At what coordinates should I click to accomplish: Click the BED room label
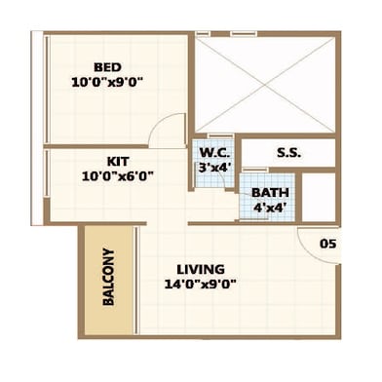pos(107,67)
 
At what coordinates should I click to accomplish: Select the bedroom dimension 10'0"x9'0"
pos(107,82)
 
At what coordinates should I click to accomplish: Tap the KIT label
pos(118,161)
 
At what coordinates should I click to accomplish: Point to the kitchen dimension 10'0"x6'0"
pos(118,176)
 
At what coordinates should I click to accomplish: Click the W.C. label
pos(214,152)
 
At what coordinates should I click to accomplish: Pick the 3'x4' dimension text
pos(214,168)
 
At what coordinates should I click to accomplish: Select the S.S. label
pos(288,153)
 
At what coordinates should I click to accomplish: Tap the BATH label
pos(270,192)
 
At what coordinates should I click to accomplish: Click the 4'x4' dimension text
pos(270,208)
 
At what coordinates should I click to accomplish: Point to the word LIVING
pos(201,269)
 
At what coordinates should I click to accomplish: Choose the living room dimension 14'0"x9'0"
pos(200,285)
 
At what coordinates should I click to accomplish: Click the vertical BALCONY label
pos(108,277)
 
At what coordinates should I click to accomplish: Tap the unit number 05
pos(327,244)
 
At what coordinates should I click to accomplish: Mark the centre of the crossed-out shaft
pos(265,85)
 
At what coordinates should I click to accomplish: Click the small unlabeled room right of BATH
pos(319,197)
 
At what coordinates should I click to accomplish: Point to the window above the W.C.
pos(220,135)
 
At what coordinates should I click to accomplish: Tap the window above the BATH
pos(255,171)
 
